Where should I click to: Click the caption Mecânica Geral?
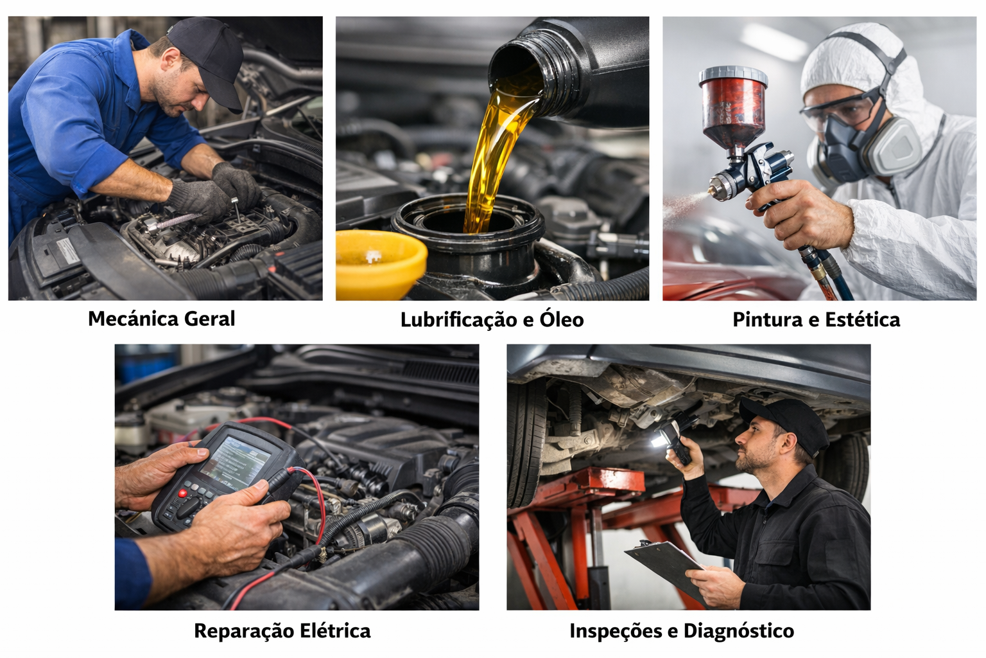(x=161, y=319)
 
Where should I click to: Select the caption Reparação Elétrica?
(x=282, y=631)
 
